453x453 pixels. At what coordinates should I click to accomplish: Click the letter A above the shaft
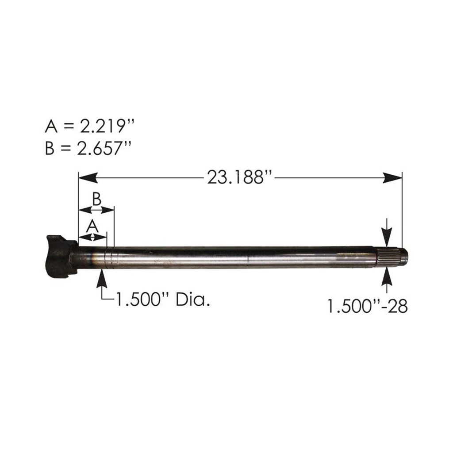coord(92,226)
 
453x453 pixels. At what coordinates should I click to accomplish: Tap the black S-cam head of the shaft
coord(60,257)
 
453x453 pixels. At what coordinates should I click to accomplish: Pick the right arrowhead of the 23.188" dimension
coord(393,178)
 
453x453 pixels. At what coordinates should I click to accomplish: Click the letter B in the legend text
coord(50,149)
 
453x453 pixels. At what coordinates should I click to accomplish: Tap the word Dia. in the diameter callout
coord(193,301)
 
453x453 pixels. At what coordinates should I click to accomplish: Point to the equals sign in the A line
coord(69,127)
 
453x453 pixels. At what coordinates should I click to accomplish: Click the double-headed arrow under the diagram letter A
coord(92,237)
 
